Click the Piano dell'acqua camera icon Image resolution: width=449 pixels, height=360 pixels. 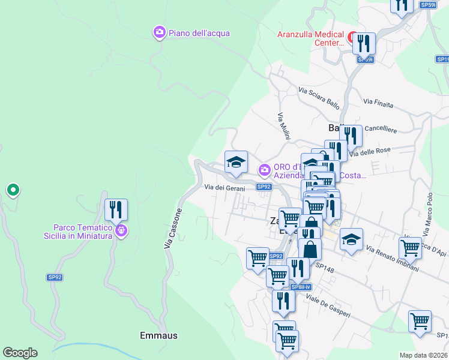coord(159,32)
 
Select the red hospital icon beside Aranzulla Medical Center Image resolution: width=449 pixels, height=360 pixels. coord(352,37)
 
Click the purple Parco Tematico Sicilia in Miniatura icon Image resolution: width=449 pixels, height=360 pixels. coord(121,230)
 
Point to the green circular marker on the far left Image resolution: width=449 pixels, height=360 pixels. coord(13,190)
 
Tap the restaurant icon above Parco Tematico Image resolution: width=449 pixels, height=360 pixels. coord(116,210)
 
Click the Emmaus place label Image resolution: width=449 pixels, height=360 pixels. coord(158,335)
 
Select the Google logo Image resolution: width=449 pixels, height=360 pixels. coord(20,353)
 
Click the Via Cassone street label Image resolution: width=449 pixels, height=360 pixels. coord(172,228)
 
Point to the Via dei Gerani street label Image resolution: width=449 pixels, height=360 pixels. coord(223,188)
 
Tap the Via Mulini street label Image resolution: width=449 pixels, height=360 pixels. coord(284,126)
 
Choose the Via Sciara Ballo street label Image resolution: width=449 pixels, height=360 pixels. coord(319,98)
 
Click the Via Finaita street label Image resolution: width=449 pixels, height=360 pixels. coord(378,103)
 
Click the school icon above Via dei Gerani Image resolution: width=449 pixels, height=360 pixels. coord(236,162)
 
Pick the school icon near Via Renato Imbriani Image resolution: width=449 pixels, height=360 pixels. coord(351,239)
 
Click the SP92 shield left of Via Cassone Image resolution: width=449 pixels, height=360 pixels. coord(55,277)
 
